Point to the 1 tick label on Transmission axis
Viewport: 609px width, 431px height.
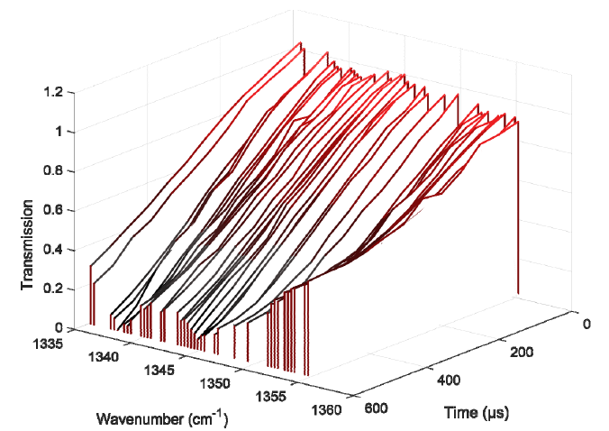pyautogui.click(x=59, y=132)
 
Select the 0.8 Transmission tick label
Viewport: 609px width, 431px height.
pyautogui.click(x=53, y=171)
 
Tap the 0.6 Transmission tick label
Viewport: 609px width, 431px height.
pyautogui.click(x=53, y=210)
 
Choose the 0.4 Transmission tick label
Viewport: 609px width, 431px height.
pyautogui.click(x=53, y=250)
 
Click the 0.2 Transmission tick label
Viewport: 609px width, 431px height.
pyautogui.click(x=53, y=289)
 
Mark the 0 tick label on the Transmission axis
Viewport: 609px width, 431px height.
pyautogui.click(x=59, y=328)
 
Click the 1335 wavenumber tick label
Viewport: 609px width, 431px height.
pyautogui.click(x=48, y=344)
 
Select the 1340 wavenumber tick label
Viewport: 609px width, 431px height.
pyautogui.click(x=104, y=357)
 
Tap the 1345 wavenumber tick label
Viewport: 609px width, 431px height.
pyautogui.click(x=159, y=370)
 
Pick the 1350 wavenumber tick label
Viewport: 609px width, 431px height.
pyautogui.click(x=214, y=383)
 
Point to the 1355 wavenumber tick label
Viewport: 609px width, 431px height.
pyautogui.click(x=270, y=397)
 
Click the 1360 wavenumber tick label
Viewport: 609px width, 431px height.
pyautogui.click(x=326, y=410)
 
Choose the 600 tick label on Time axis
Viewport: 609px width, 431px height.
pyautogui.click(x=376, y=408)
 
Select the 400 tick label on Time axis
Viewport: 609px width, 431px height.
pyautogui.click(x=449, y=381)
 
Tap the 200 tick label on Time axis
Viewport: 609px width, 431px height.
pyautogui.click(x=522, y=353)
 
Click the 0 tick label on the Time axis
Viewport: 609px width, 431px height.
pyautogui.click(x=586, y=324)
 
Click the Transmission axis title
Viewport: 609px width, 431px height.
pyautogui.click(x=27, y=245)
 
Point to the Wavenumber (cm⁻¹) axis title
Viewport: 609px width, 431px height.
pyautogui.click(x=162, y=418)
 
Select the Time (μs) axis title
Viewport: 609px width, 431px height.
pyautogui.click(x=477, y=412)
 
